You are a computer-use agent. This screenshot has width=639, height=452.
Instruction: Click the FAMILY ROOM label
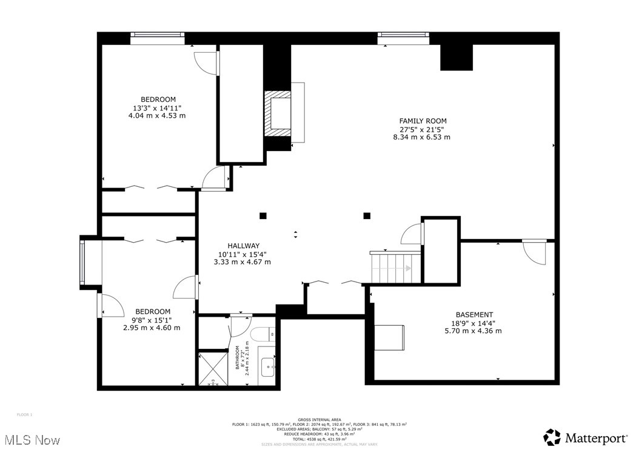pyautogui.click(x=423, y=121)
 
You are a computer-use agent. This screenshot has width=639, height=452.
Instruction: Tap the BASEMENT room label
pyautogui.click(x=474, y=314)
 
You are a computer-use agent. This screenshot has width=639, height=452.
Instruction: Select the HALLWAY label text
pyautogui.click(x=243, y=246)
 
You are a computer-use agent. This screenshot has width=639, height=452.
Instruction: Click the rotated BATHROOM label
pyautogui.click(x=239, y=357)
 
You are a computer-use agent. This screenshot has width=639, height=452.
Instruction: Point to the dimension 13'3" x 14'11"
pyautogui.click(x=158, y=107)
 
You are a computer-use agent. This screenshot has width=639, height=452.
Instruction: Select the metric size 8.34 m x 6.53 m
pyautogui.click(x=422, y=137)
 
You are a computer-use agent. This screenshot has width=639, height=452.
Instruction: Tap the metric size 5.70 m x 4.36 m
pyautogui.click(x=474, y=331)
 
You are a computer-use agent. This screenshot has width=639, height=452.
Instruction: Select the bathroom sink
pyautogui.click(x=268, y=366)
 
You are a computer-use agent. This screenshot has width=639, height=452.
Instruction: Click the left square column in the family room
pyautogui.click(x=263, y=215)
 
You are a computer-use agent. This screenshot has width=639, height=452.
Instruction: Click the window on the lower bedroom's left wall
pyautogui.click(x=83, y=261)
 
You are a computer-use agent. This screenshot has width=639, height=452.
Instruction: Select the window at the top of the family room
pyautogui.click(x=403, y=38)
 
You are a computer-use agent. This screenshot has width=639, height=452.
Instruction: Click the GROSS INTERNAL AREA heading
pyautogui.click(x=319, y=419)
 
